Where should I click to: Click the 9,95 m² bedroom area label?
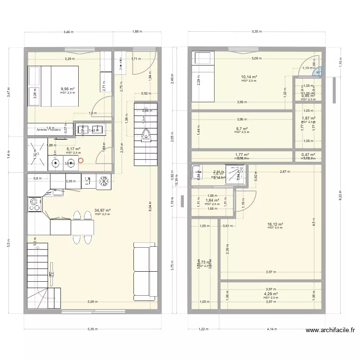pyautogui.click(x=67, y=89)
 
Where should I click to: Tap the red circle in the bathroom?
pyautogui.click(x=81, y=161)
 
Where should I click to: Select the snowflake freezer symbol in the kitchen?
pyautogui.click(x=103, y=181)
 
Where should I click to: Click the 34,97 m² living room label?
pyautogui.click(x=103, y=210)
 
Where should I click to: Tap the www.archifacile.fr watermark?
pyautogui.click(x=331, y=330)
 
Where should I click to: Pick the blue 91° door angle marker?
pyautogui.click(x=318, y=72)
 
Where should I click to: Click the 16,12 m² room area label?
pyautogui.click(x=275, y=224)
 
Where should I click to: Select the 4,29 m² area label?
pyautogui.click(x=271, y=294)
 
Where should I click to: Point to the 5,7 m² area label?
pyautogui.click(x=241, y=129)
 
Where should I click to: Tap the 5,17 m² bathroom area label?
pyautogui.click(x=73, y=149)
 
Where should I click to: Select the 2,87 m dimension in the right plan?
pyautogui.click(x=286, y=171)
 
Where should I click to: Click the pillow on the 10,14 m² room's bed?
pyautogui.click(x=200, y=59)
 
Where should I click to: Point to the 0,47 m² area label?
pyautogui.click(x=308, y=155)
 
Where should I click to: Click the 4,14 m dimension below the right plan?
pyautogui.click(x=272, y=329)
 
